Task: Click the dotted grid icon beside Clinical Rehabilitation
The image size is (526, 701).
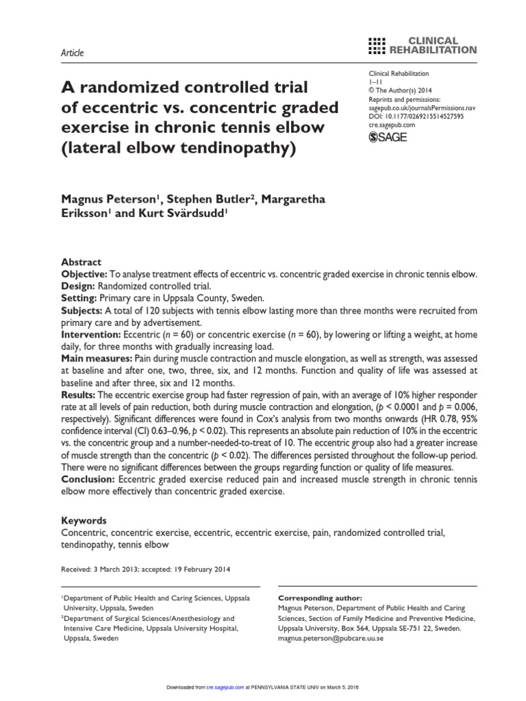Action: (x=377, y=45)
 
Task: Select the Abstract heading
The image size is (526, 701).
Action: (x=82, y=262)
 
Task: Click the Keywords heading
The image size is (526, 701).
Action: (x=84, y=520)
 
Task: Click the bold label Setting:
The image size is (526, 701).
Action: (x=79, y=298)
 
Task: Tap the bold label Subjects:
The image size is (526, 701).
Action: (x=82, y=310)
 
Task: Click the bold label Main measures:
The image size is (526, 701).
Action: (x=95, y=358)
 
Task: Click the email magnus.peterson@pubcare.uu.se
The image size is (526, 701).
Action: (x=331, y=638)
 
